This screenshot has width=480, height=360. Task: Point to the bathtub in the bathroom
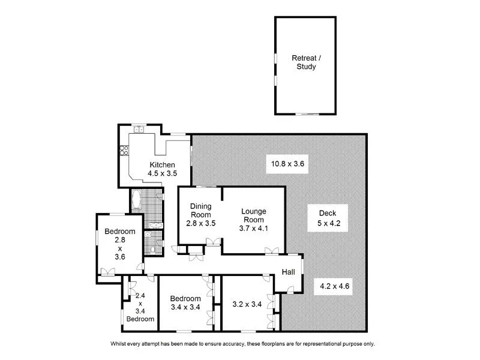(136, 200)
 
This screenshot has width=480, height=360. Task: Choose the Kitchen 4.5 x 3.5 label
(162, 169)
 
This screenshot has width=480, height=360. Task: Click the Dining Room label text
(201, 211)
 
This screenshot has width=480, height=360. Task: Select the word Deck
(327, 213)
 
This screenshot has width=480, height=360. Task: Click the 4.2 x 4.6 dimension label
(335, 286)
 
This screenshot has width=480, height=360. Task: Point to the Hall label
(289, 272)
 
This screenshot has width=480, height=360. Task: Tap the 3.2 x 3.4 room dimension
(247, 304)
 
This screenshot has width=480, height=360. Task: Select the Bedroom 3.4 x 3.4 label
(185, 303)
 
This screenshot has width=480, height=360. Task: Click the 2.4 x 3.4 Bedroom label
(140, 307)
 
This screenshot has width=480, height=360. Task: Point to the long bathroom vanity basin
(155, 225)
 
